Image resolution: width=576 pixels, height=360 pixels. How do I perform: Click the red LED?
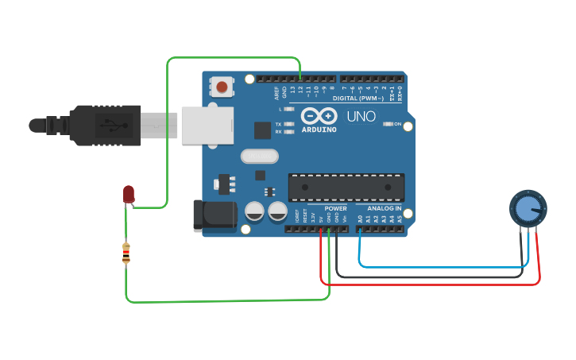point(129,193)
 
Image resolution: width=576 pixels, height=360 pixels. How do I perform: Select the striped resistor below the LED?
point(126,254)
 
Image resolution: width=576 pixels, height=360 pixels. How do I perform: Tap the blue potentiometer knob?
point(528,208)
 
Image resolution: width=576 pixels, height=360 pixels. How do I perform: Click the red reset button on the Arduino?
point(222,86)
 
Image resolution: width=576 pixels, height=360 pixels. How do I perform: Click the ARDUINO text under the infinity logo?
point(319,129)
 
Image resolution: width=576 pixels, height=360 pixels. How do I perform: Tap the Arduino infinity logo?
point(319,116)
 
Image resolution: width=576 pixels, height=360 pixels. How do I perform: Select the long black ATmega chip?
point(346,187)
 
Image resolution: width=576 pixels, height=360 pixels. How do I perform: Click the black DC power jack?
point(215,216)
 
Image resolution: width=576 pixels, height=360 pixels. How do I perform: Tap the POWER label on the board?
point(335,208)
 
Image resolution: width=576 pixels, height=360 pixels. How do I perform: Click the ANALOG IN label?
point(384,208)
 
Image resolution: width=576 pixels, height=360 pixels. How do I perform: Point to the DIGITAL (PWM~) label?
point(358,99)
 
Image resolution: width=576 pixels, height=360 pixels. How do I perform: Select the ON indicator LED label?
point(396,124)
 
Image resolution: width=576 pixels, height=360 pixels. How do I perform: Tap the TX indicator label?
point(278,125)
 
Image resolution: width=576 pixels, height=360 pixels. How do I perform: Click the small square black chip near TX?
point(262,130)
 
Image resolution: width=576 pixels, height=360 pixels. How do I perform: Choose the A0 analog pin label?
point(359,218)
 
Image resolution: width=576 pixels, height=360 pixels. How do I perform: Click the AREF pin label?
point(276,93)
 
